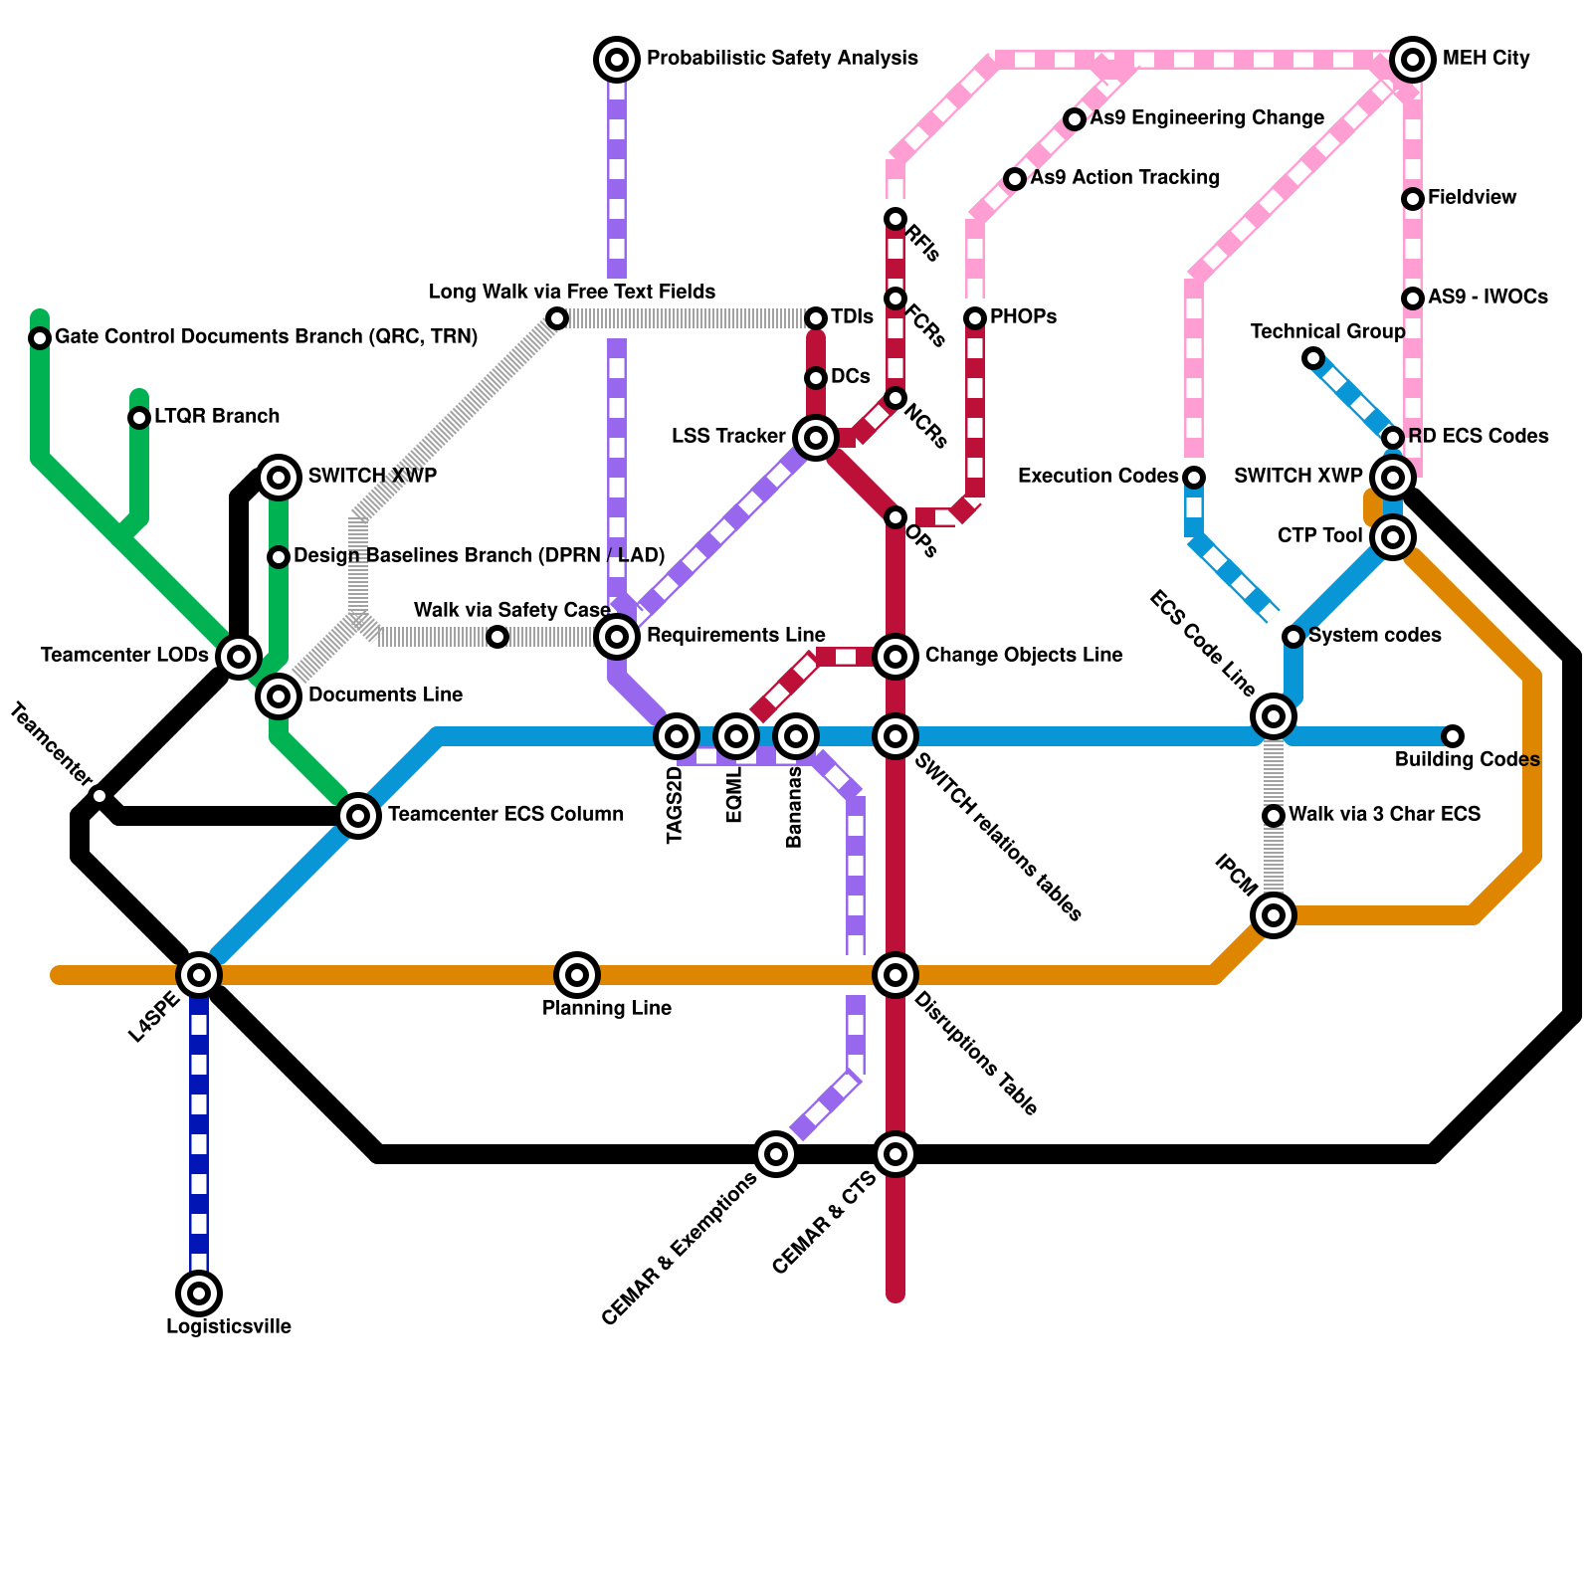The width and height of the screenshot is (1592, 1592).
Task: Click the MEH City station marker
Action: click(1413, 60)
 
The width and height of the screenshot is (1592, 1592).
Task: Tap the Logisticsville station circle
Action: click(199, 1293)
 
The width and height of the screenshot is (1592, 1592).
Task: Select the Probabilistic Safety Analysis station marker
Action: click(617, 60)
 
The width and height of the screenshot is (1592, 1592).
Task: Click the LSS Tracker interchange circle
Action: click(816, 438)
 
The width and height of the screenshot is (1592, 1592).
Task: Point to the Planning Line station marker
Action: click(577, 975)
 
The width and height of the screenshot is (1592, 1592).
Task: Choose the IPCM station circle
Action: click(1274, 915)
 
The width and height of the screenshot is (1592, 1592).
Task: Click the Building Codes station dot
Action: click(1453, 736)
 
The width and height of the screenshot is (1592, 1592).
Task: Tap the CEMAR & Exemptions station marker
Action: click(776, 1154)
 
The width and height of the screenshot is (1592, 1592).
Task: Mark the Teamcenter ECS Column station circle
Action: click(358, 816)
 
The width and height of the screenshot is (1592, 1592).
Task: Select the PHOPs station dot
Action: click(975, 318)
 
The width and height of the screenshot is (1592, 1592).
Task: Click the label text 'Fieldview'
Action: click(1472, 198)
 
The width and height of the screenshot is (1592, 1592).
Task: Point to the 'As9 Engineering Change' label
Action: click(1207, 118)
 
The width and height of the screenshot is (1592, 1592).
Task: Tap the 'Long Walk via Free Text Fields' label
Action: click(572, 292)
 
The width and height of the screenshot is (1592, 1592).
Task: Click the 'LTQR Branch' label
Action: click(217, 417)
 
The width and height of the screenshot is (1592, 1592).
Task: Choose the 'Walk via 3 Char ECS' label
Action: click(1384, 815)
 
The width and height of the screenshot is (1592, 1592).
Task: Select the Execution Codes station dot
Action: click(1194, 478)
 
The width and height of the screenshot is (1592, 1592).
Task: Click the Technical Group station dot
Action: click(1313, 358)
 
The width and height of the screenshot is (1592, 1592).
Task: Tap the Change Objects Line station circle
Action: click(895, 657)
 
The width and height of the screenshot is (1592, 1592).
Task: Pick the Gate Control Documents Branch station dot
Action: click(40, 338)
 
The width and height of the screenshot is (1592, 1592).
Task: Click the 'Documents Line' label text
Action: click(385, 696)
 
